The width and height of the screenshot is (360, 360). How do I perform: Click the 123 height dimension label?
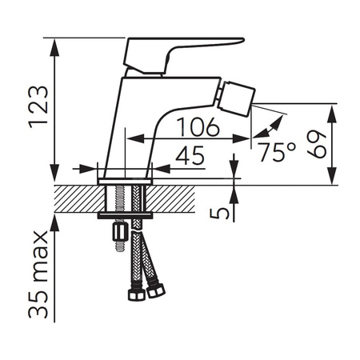tap(38, 107)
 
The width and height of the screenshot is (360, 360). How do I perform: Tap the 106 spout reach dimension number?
tap(198, 127)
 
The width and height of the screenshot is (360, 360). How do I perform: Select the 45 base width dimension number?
tap(190, 155)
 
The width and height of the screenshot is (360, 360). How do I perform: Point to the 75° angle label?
tap(277, 152)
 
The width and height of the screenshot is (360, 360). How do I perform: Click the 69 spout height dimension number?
tap(317, 144)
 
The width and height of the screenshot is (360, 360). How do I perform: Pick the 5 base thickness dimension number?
tap(219, 214)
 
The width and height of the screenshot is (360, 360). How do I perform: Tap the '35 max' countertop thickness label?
tap(38, 274)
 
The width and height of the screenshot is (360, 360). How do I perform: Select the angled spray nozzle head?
tap(236, 99)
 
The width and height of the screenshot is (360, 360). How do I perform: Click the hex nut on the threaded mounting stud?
tap(120, 232)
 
